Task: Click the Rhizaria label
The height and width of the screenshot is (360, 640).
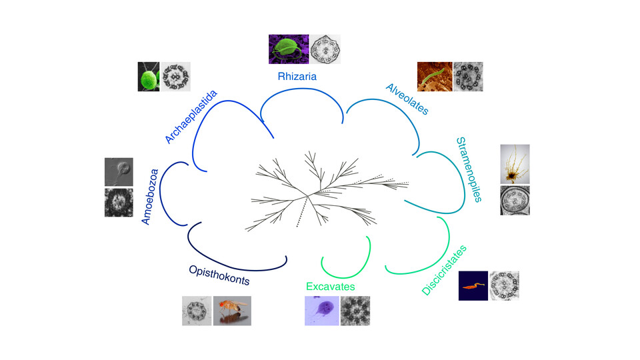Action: tap(297, 77)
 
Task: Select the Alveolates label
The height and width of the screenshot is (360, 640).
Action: tap(407, 99)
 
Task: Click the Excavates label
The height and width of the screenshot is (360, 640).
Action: tap(330, 287)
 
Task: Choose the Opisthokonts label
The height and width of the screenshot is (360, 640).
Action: tap(219, 275)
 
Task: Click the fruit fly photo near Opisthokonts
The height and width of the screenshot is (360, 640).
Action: tap(232, 311)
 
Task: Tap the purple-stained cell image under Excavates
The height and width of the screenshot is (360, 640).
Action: tap(321, 311)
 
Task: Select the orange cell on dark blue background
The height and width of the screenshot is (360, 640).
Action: tap(473, 285)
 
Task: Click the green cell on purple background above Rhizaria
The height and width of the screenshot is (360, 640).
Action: tap(288, 49)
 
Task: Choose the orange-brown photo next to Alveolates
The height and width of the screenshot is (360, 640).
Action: tap(434, 76)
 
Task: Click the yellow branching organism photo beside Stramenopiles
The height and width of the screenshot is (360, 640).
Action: tap(515, 164)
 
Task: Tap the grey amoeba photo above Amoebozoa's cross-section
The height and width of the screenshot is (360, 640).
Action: tap(119, 171)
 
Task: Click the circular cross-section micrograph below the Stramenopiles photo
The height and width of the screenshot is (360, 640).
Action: tap(515, 201)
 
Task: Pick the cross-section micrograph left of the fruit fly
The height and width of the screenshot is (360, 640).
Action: tap(197, 311)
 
